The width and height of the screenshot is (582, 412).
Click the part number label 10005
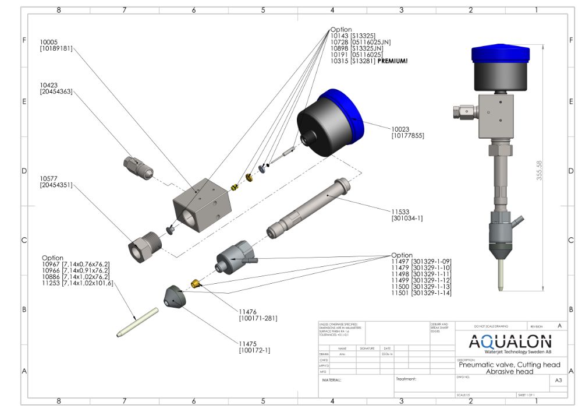[x=48, y=42]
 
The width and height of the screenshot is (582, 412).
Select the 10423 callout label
[x=48, y=84]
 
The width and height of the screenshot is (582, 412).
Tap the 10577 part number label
[x=48, y=178]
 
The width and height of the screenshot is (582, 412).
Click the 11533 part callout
[x=401, y=213]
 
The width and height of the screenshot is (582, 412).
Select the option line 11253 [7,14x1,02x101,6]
[x=77, y=283]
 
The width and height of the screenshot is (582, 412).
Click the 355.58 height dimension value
[x=540, y=171]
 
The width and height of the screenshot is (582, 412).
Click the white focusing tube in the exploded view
[x=137, y=322]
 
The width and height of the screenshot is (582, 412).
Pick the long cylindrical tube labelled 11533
[x=309, y=209]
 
